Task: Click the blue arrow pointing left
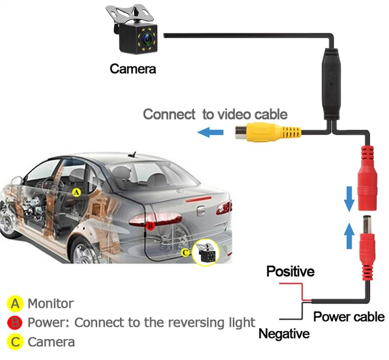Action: (x=210, y=133)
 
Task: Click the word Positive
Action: (x=290, y=271)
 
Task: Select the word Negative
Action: (x=284, y=334)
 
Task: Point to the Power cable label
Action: (x=349, y=317)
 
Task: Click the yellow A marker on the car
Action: (x=77, y=192)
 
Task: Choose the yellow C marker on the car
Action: (x=186, y=253)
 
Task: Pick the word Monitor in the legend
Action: (x=51, y=303)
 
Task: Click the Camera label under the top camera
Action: (x=133, y=69)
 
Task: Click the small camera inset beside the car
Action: (x=206, y=253)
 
